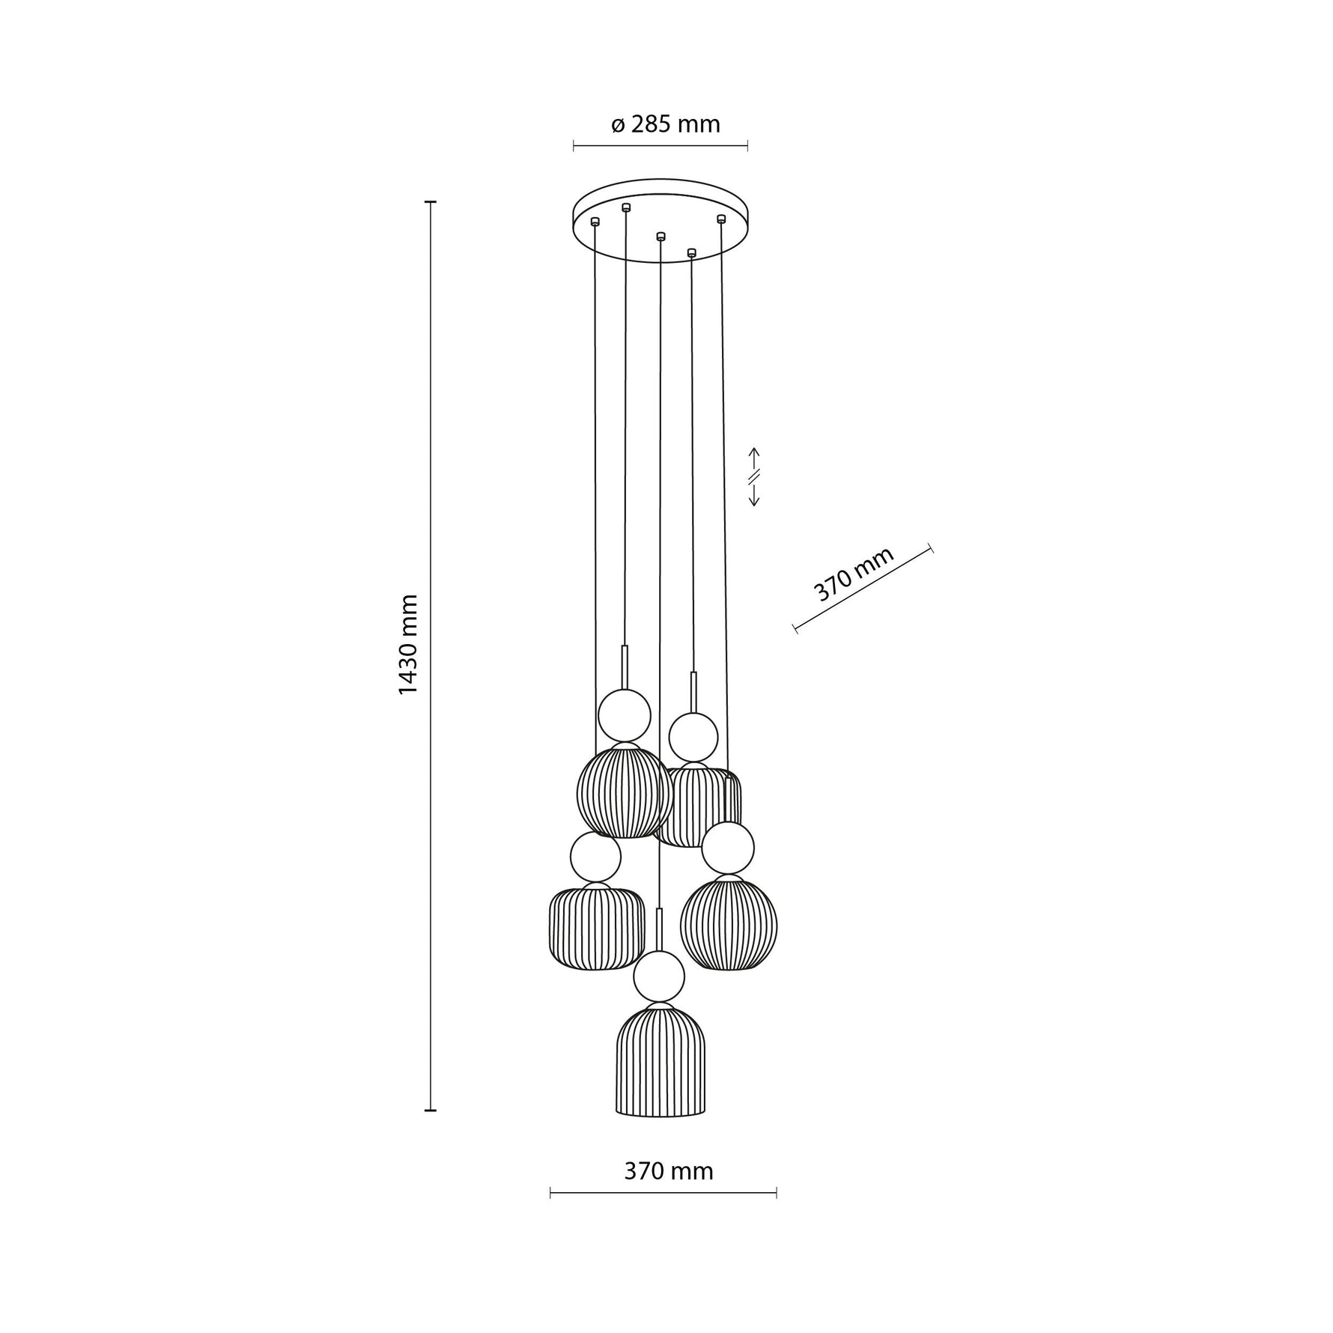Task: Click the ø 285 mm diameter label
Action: pos(665,124)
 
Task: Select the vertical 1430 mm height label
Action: pos(407,655)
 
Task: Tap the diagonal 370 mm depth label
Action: pos(854,574)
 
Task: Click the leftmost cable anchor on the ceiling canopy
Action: pos(595,221)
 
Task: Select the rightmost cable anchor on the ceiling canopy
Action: pos(721,219)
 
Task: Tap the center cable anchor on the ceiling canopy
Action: pos(660,237)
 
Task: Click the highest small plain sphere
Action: pos(624,715)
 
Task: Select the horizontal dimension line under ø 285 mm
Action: pos(660,146)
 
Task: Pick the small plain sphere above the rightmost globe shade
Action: pos(728,848)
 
